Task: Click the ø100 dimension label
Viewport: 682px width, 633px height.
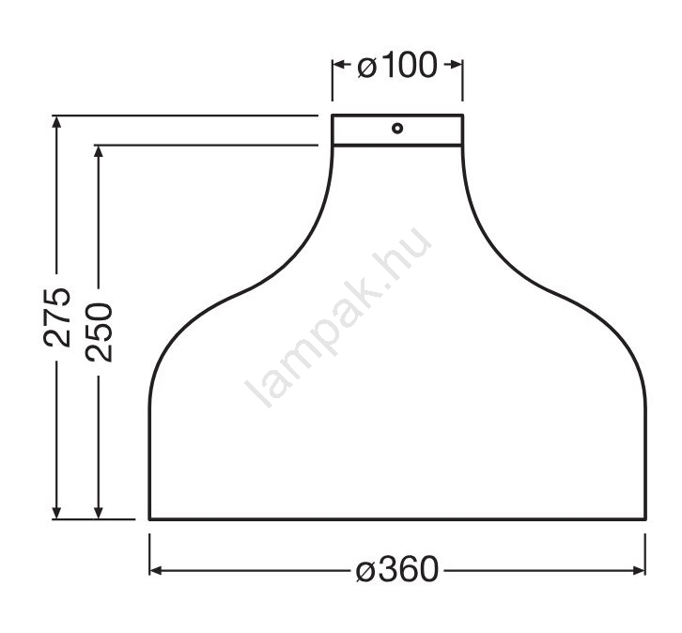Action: click(397, 65)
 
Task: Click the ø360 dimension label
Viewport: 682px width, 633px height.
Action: click(397, 570)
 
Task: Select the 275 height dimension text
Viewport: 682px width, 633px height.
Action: click(57, 316)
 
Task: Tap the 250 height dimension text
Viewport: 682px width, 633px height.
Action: click(100, 332)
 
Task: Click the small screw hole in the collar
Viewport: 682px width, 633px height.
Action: click(397, 129)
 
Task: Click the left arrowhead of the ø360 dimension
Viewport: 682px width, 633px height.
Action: click(155, 570)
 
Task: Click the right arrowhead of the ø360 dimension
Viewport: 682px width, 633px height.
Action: click(640, 570)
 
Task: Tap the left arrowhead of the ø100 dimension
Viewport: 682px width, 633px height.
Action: click(338, 65)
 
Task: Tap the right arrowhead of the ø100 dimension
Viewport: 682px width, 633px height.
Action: click(457, 65)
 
